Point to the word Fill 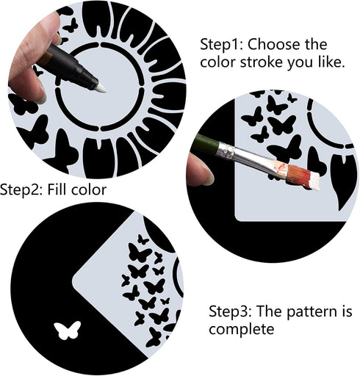click(62, 189)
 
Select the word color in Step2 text click(90, 189)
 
